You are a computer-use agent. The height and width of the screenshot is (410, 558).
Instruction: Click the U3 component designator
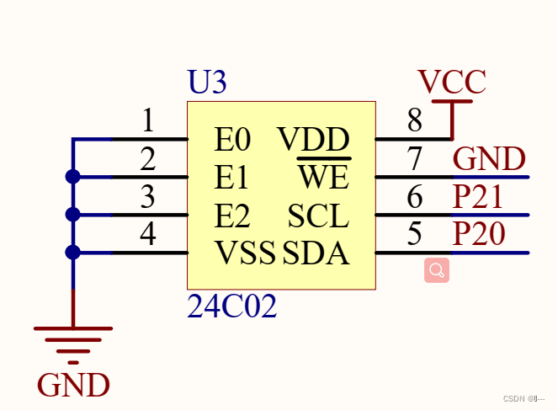click(x=207, y=83)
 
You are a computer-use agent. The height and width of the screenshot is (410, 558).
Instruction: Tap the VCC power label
click(x=452, y=82)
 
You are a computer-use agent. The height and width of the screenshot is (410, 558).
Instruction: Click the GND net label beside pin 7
click(x=489, y=158)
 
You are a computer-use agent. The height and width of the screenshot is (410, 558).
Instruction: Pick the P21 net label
click(x=478, y=196)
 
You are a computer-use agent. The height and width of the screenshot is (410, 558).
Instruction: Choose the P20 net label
click(x=478, y=234)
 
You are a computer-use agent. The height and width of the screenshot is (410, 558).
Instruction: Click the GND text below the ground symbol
click(x=73, y=385)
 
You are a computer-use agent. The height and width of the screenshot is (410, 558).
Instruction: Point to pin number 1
click(x=147, y=122)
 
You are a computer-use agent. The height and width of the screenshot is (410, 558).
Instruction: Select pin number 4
click(x=147, y=234)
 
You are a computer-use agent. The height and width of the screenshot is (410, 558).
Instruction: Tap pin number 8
click(x=414, y=122)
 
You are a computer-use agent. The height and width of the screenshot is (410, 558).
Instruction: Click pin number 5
click(x=414, y=234)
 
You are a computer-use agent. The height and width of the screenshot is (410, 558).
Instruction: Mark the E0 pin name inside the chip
click(x=232, y=139)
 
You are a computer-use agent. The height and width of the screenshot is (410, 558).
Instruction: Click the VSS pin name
click(x=245, y=253)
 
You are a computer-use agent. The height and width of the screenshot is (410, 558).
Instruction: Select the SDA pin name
click(x=316, y=253)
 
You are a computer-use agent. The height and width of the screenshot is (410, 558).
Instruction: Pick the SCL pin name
click(x=317, y=216)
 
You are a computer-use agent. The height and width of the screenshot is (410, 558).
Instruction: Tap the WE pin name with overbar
click(x=323, y=177)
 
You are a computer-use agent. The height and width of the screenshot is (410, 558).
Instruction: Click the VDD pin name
click(x=314, y=139)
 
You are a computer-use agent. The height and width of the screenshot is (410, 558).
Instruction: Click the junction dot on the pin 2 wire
click(x=73, y=177)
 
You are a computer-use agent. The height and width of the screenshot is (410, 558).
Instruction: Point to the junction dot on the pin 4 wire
click(x=73, y=252)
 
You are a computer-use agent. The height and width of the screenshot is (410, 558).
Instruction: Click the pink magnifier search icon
click(x=437, y=270)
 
